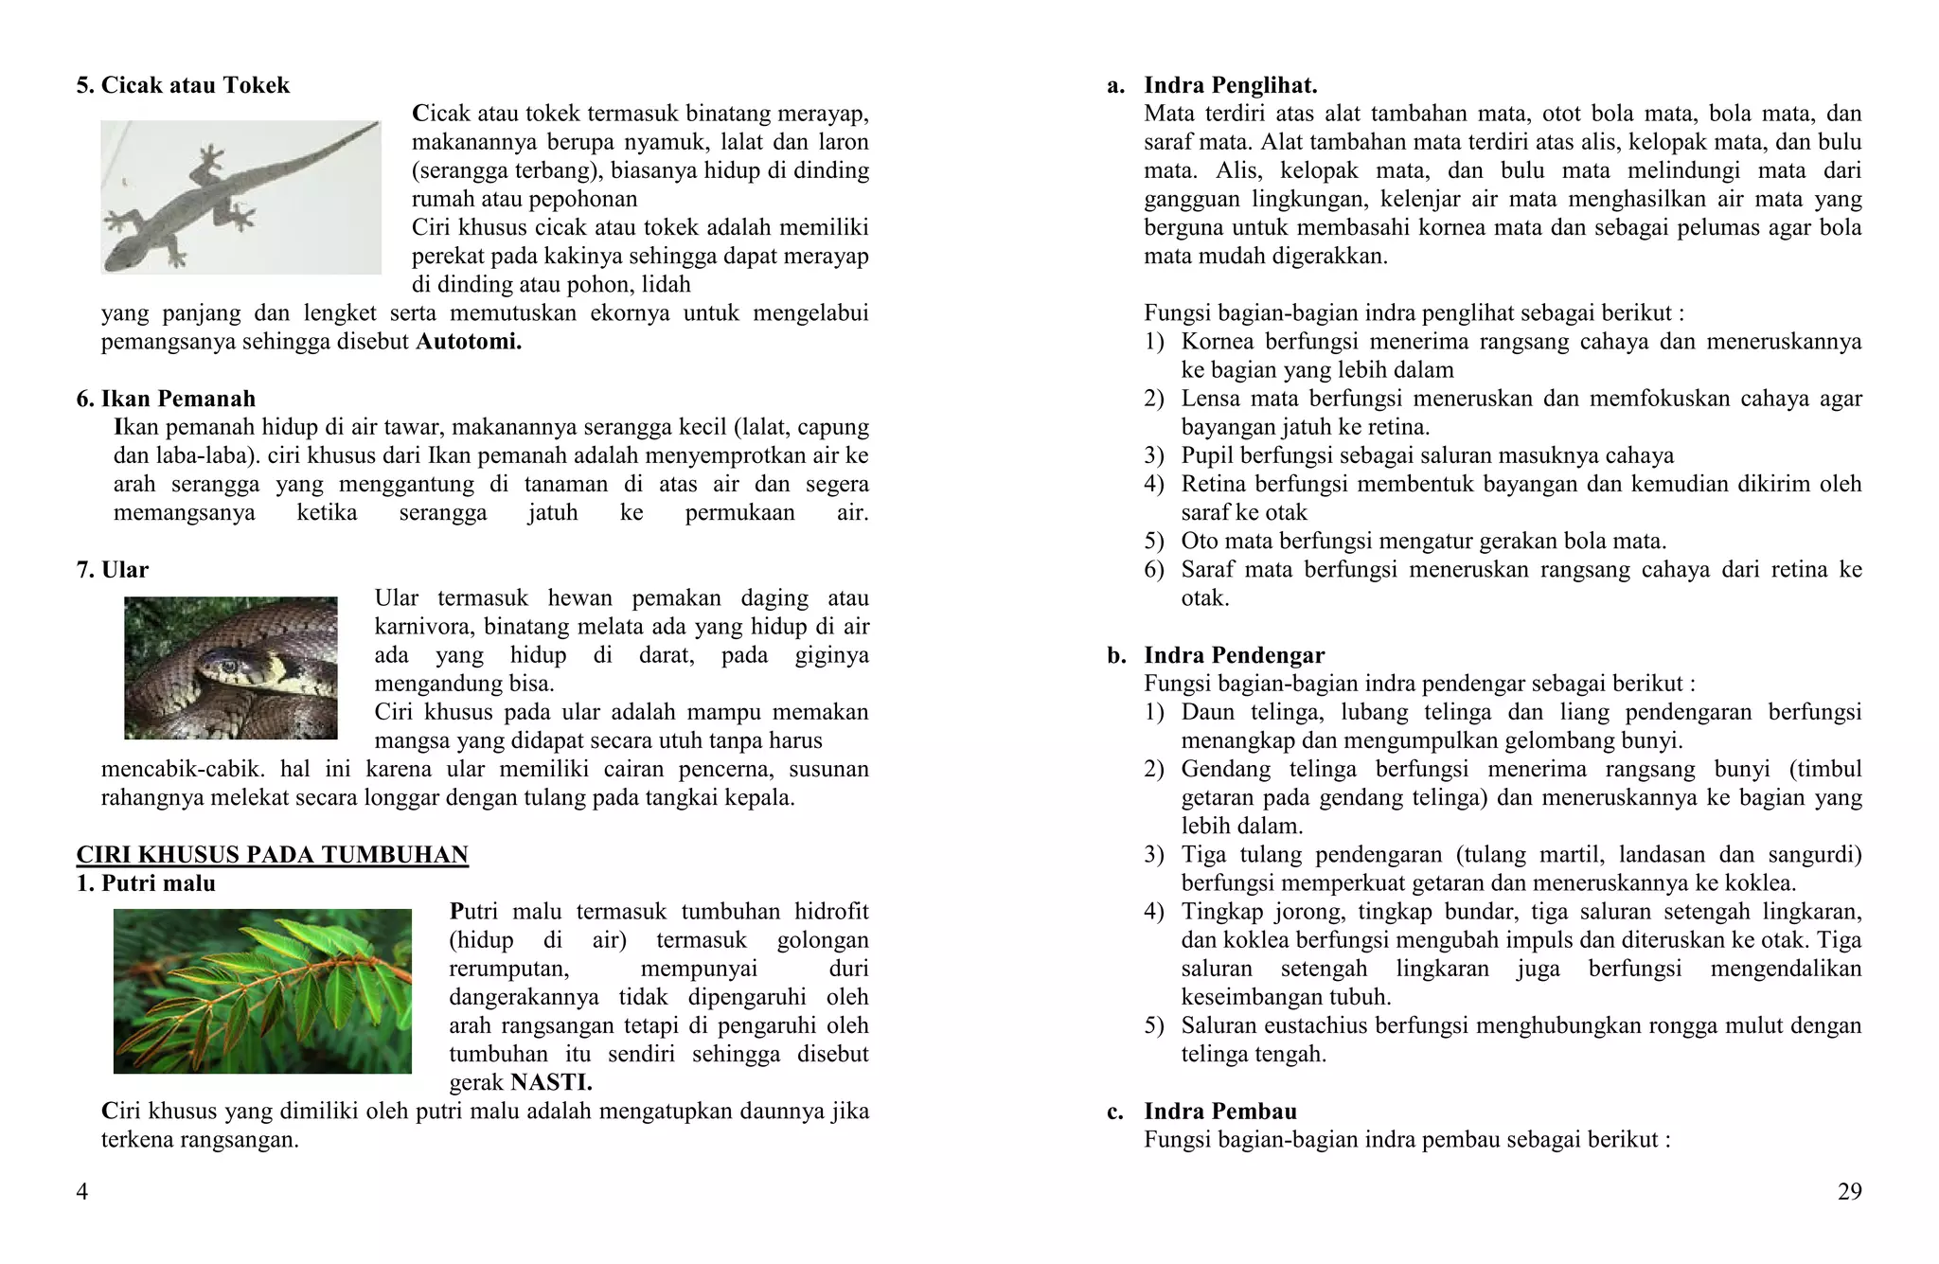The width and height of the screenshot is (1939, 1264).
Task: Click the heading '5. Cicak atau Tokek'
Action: coord(183,85)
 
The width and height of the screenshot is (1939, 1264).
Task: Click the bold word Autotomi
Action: coord(469,342)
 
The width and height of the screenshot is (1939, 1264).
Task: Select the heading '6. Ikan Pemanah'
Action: coord(166,399)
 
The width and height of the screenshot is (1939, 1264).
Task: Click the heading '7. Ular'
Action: coord(112,570)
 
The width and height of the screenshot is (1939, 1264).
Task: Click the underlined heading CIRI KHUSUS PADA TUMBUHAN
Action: coord(272,855)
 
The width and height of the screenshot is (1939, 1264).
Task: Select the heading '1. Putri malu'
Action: coord(146,883)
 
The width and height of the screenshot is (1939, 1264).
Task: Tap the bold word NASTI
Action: coord(551,1082)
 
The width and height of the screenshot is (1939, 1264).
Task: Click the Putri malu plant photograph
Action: coord(262,990)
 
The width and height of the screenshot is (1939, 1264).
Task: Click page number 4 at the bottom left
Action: coord(82,1191)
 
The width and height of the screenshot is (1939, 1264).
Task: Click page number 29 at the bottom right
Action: coord(1849,1191)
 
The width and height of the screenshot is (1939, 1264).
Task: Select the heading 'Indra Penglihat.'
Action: coord(1230,85)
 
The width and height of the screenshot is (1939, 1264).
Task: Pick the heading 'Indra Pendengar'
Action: coord(1234,655)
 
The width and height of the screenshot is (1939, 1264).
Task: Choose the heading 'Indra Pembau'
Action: coord(1219,1111)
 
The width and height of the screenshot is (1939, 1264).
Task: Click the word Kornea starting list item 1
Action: coord(1218,342)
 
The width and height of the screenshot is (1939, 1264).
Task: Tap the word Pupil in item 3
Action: coord(1206,455)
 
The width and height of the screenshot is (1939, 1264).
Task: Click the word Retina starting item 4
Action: coord(1214,484)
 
